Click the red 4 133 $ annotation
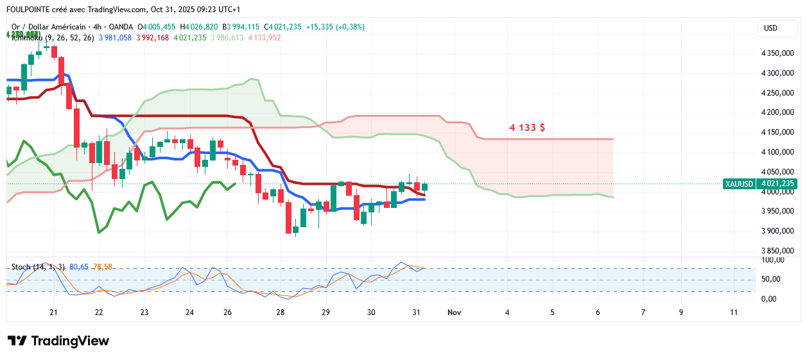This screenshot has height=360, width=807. tap(527, 128)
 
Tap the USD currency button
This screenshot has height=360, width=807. tap(770, 28)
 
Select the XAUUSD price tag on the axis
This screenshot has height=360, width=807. tap(738, 184)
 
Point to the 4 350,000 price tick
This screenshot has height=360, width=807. tap(777, 54)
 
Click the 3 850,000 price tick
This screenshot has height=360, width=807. tap(777, 251)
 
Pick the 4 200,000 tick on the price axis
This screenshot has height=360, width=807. tap(777, 113)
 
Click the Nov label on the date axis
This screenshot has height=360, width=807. tap(455, 313)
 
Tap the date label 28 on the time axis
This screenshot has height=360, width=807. tap(280, 313)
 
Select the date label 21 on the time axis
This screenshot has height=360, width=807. tap(53, 313)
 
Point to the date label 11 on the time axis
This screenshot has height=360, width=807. tap(734, 313)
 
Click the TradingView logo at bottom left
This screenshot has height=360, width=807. tap(58, 341)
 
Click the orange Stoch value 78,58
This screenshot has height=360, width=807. tap(103, 266)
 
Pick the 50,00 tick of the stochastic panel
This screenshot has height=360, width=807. tap(770, 279)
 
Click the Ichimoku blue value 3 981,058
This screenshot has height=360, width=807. tap(115, 38)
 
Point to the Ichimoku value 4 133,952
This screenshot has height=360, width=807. tap(263, 38)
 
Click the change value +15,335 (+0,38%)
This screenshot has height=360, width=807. tap(334, 27)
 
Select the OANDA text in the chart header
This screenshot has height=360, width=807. tap(121, 27)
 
